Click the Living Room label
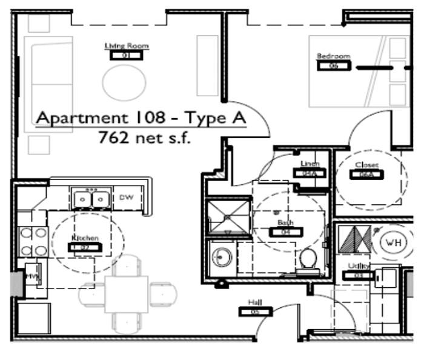(x=127, y=46)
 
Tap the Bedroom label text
(x=333, y=56)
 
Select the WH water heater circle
(x=391, y=242)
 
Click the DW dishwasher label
(x=126, y=197)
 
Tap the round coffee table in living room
(x=124, y=82)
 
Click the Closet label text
(x=366, y=165)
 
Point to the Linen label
(x=310, y=164)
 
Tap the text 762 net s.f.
(x=144, y=138)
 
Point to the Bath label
(x=285, y=223)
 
